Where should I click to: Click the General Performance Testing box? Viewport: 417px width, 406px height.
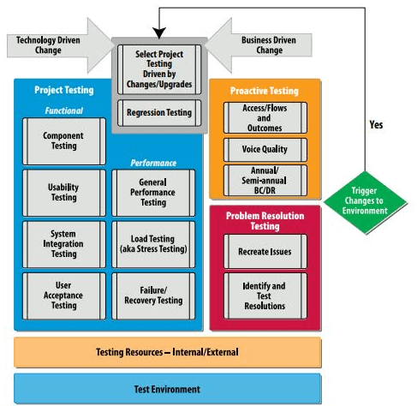(x=153, y=192)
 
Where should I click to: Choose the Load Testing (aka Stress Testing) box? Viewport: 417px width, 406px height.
(x=153, y=243)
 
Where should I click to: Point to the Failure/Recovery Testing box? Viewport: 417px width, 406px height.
(x=153, y=296)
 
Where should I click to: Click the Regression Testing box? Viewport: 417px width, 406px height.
(x=159, y=111)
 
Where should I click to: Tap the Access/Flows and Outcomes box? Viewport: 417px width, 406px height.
(x=264, y=118)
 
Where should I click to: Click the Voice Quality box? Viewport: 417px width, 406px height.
(x=264, y=149)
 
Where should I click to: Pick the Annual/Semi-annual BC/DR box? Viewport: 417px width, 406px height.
(x=264, y=180)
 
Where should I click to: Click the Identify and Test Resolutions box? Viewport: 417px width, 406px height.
(x=264, y=295)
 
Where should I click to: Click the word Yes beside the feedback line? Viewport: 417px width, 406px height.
(x=376, y=125)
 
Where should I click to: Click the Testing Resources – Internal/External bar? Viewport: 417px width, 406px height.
(x=167, y=352)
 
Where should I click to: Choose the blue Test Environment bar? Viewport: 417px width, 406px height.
(x=167, y=388)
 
